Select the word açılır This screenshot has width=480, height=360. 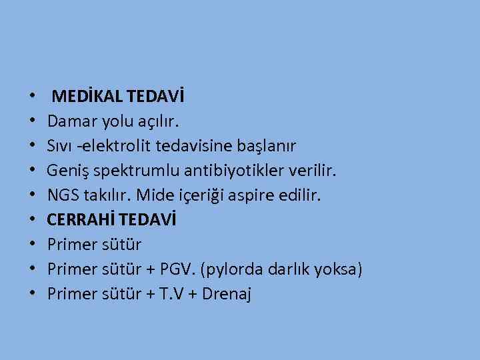coord(157,122)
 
